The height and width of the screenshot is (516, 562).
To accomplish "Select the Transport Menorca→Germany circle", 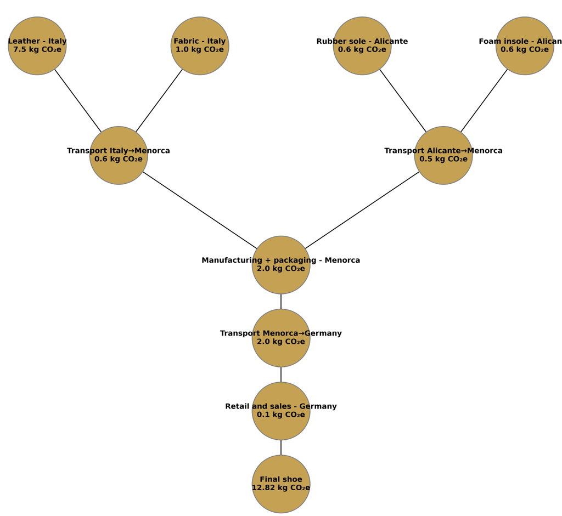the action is point(281,351).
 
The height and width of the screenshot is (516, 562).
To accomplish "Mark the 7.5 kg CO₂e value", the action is point(37,50).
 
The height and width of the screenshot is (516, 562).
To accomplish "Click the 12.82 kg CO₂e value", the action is point(281,488).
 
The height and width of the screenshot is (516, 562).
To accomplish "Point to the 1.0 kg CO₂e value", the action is point(200,50).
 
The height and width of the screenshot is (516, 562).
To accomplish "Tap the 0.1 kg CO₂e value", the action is point(281,415).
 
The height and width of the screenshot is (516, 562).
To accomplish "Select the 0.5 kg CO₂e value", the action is point(443,160).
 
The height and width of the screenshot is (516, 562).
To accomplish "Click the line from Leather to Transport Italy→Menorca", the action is point(78,100).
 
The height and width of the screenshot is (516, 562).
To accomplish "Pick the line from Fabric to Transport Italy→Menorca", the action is point(159,100).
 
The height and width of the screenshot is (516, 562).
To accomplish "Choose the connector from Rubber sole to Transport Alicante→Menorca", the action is point(403,100).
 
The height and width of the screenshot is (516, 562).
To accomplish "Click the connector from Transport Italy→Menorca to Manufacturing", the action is point(200,210).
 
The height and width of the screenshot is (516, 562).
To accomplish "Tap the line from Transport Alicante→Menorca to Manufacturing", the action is point(362,210).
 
